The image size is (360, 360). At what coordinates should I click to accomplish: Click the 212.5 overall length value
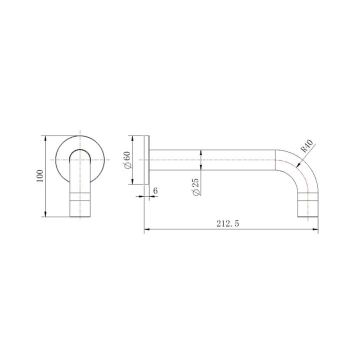point(228,224)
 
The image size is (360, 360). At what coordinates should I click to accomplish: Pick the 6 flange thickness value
point(155,190)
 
